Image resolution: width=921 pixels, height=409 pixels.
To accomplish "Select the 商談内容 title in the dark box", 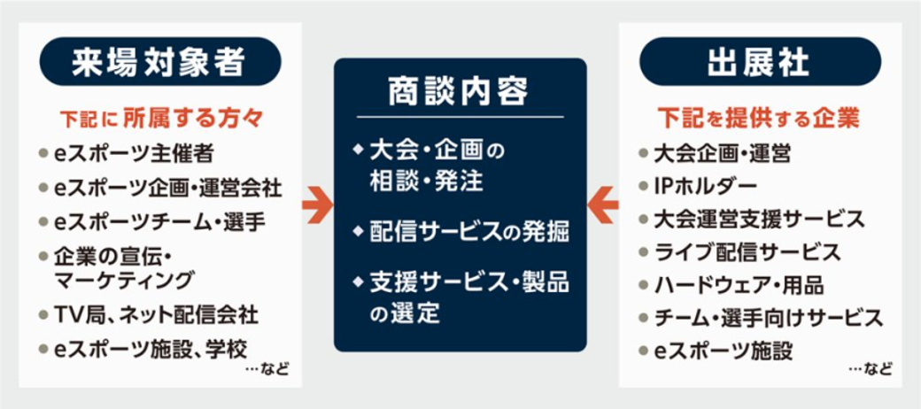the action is (459, 92).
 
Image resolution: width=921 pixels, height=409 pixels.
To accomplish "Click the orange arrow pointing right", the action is (316, 204).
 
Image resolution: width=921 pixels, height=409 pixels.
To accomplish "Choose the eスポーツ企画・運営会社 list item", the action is (167, 188).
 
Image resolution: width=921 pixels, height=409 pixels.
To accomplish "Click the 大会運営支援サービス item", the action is (758, 219).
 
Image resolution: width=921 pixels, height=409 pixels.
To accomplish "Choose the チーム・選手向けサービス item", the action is (767, 317).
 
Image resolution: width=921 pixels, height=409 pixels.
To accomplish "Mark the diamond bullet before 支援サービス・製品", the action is (357, 283).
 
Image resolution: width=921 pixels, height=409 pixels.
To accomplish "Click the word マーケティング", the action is (123, 281).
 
